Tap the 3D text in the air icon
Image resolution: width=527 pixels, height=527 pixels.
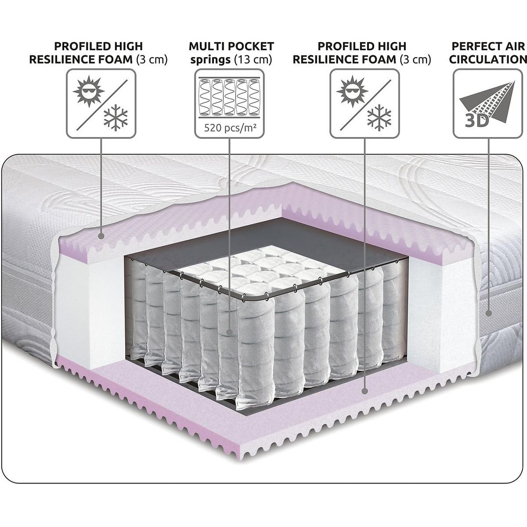tap(476, 121)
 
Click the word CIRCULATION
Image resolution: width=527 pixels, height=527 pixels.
tap(488, 59)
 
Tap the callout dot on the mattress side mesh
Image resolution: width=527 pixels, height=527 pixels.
tap(489, 314)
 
